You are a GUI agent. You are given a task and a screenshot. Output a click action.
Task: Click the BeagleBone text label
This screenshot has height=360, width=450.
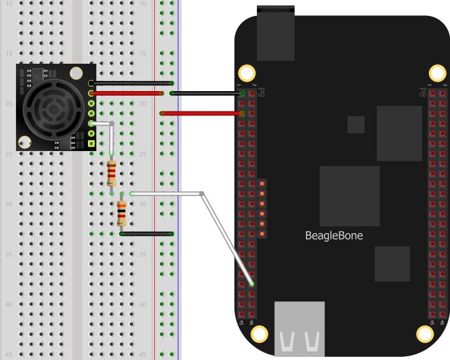coord(335,236)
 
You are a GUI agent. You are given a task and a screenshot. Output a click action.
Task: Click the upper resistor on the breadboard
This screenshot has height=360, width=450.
coord(112,172)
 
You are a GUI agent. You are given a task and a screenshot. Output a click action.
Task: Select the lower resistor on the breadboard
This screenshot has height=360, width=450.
coord(121,213)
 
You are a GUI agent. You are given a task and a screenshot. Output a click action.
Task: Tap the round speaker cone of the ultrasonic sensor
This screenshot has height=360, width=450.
coord(51,106)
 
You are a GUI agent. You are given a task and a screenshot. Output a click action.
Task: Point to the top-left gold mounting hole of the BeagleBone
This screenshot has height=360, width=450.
coord(246,73)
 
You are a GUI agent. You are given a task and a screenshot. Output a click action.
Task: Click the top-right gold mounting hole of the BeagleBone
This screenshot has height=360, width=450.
coord(437,73)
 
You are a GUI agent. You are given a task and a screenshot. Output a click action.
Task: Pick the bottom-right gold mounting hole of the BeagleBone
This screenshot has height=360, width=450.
coord(424,334)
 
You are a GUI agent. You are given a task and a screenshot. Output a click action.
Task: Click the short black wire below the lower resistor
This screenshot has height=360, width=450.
coord(147,234)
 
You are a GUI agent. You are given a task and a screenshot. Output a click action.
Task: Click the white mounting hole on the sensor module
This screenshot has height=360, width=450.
coord(25,143)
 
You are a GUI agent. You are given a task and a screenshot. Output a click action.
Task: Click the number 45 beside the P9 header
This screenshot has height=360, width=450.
coord(241,322)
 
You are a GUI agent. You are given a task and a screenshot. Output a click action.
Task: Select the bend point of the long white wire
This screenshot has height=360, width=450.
coord(202,193)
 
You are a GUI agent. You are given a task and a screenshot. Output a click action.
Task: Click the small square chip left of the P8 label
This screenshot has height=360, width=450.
coord(356,124)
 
